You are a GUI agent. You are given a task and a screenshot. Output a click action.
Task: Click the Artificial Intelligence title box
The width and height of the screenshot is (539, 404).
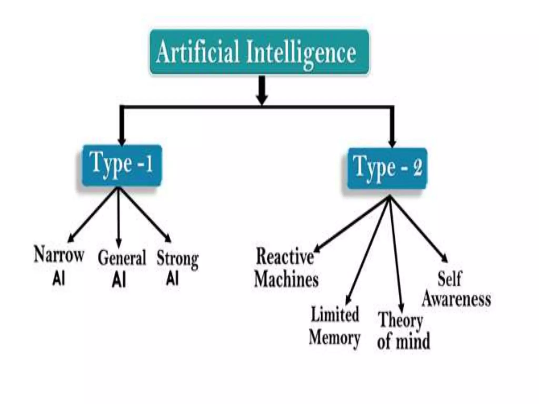(259, 52)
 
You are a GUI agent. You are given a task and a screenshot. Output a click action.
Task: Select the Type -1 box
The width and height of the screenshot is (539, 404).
(122, 165)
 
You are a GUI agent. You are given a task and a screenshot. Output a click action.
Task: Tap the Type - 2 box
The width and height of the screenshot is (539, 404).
(387, 169)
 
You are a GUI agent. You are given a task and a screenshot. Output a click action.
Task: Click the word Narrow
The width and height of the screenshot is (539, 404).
(59, 255)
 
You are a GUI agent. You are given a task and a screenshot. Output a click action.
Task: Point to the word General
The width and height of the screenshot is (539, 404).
(122, 258)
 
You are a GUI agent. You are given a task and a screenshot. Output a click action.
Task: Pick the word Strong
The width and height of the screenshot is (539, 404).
(177, 259)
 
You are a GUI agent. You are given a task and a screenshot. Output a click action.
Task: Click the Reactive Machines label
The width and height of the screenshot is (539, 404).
(286, 267)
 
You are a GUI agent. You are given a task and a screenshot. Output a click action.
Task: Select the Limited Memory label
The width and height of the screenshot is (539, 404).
(335, 326)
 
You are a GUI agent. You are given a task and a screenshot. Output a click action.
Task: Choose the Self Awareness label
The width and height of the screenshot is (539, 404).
(456, 289)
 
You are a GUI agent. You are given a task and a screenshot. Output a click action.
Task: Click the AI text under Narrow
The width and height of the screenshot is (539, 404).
(59, 279)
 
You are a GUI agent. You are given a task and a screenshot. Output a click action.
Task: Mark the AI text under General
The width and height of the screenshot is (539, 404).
(119, 280)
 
